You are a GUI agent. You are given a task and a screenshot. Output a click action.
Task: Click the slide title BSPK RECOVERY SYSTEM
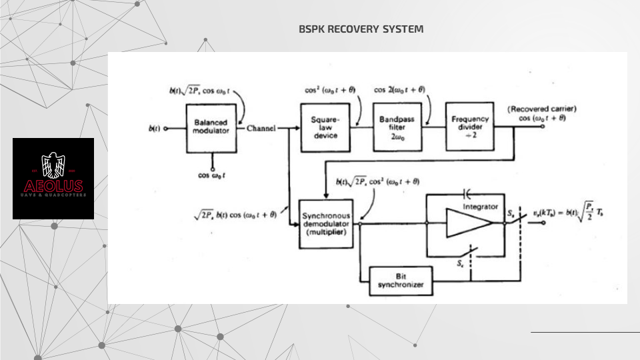tap(361, 29)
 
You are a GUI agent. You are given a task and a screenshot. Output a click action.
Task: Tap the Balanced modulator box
tap(211, 127)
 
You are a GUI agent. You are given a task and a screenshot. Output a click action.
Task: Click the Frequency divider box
tap(471, 127)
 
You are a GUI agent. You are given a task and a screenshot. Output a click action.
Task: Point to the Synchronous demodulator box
tap(327, 223)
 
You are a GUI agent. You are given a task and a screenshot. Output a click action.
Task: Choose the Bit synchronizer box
tap(401, 281)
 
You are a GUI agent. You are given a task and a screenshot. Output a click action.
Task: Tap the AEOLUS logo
tap(53, 179)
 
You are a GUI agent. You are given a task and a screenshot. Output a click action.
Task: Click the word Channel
tap(261, 129)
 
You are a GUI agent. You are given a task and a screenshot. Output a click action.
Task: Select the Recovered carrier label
tap(541, 109)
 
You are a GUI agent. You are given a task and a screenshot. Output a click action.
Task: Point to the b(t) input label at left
tap(153, 128)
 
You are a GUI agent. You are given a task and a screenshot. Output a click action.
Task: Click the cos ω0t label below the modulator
tap(212, 175)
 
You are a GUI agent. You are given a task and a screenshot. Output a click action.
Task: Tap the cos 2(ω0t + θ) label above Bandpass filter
tap(399, 90)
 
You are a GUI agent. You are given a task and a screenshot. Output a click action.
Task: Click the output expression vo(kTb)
tap(575, 213)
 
